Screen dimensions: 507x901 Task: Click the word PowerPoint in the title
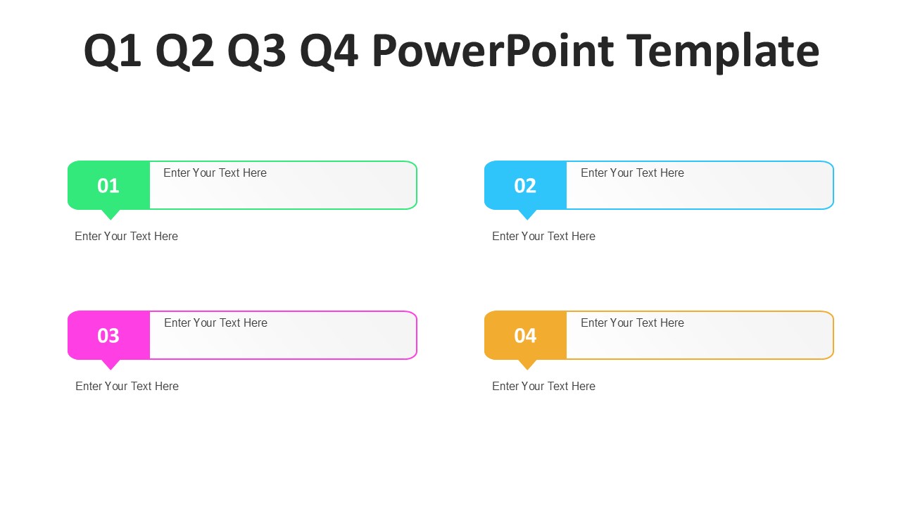492,51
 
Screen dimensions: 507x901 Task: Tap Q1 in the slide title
113,51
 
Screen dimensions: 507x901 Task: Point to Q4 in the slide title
329,51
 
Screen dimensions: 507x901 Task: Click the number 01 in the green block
108,186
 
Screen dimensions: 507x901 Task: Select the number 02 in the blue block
525,186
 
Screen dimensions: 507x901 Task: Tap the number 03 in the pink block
108,336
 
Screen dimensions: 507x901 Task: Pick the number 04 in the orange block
525,336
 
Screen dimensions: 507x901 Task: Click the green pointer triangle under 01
111,214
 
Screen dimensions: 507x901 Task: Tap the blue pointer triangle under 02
527,214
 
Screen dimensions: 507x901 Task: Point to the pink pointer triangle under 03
111,364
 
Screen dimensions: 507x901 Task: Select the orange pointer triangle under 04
527,364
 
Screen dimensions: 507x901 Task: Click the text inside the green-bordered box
215,173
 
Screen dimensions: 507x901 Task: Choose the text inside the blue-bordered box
632,173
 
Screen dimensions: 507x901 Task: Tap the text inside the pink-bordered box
215,323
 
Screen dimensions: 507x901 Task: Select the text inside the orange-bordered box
632,323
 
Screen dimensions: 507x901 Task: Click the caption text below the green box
126,237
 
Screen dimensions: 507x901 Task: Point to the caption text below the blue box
543,237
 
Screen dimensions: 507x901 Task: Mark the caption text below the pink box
127,387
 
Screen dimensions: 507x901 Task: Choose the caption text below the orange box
543,387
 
